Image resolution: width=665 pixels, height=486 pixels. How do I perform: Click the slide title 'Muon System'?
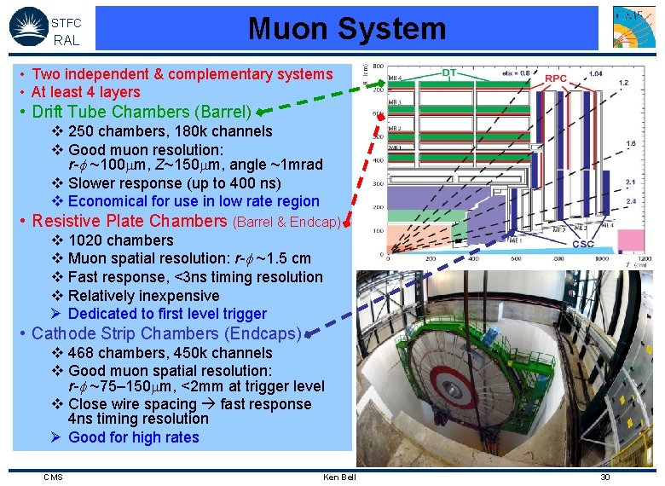click(x=347, y=29)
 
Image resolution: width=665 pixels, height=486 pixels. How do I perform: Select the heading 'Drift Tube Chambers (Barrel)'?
click(x=142, y=112)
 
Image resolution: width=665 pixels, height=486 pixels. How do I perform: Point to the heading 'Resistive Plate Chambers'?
click(x=129, y=221)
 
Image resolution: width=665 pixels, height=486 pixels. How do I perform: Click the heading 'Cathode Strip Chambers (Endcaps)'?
click(x=166, y=333)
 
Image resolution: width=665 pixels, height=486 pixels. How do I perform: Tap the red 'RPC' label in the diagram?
click(x=556, y=78)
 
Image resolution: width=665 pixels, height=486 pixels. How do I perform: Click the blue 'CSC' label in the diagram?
click(x=582, y=244)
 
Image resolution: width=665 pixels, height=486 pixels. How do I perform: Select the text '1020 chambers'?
click(x=120, y=240)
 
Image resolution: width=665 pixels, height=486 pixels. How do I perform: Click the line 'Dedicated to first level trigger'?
click(x=167, y=314)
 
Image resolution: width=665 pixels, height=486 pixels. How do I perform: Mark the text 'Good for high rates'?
click(x=133, y=437)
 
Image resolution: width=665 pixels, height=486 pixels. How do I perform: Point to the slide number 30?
click(x=605, y=477)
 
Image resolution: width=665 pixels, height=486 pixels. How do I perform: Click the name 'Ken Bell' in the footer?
click(x=339, y=477)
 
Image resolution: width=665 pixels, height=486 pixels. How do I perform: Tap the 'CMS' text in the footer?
click(x=53, y=477)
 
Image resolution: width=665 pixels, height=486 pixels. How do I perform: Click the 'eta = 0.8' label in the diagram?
click(x=515, y=72)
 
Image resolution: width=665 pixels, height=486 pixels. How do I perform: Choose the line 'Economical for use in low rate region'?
click(x=194, y=201)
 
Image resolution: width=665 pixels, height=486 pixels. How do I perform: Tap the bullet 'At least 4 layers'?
click(x=85, y=92)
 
